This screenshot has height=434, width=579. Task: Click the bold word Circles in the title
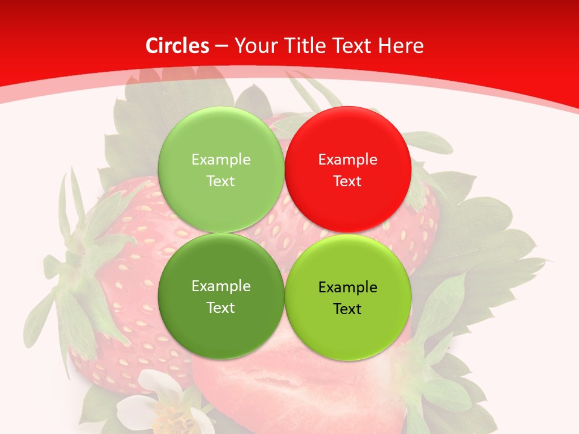coord(177,46)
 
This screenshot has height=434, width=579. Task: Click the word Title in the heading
coord(302,46)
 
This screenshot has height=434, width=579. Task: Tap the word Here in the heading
coord(400,46)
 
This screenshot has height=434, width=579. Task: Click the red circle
coord(347,169)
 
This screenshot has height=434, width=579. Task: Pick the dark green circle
coord(221,296)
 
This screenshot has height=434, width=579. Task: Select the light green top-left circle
coord(221,169)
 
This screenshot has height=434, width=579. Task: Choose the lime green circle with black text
coord(347,297)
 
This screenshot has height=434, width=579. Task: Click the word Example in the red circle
coord(347,160)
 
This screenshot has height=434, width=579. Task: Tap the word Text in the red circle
coord(347,181)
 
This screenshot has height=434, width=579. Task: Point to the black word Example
coord(347,288)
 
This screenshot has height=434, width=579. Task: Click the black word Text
coord(347,309)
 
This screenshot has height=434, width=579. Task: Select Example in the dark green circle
coord(221,286)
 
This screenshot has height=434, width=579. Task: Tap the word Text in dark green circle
coord(221,307)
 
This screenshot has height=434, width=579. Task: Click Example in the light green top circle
coord(221,160)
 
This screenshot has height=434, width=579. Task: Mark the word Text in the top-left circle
coord(221,181)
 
